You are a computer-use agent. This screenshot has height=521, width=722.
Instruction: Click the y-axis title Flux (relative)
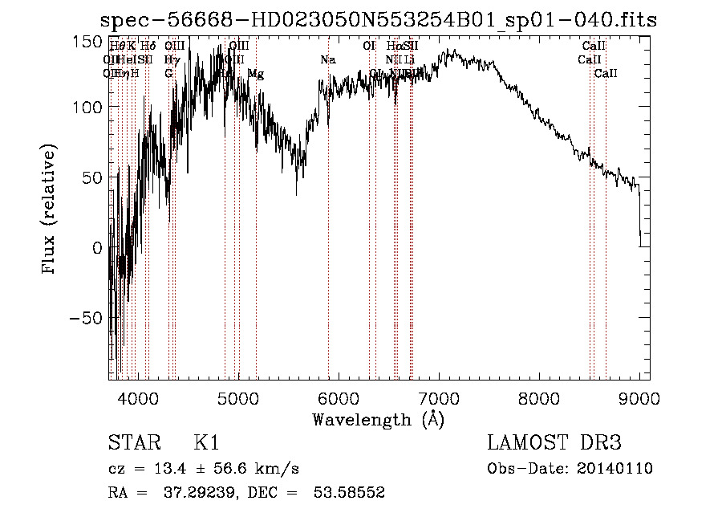(x=50, y=210)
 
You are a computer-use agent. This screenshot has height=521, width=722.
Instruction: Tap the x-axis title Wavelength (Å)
(x=378, y=420)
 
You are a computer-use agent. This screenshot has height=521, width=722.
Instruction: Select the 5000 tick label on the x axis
(x=238, y=398)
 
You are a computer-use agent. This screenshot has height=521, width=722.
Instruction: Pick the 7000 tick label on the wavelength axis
(x=439, y=398)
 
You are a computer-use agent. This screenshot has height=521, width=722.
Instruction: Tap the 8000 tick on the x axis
(x=539, y=398)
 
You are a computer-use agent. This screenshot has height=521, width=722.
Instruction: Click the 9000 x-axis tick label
(x=639, y=398)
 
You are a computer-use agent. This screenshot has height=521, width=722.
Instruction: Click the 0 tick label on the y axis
(x=97, y=248)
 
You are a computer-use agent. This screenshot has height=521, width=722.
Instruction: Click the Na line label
(x=327, y=60)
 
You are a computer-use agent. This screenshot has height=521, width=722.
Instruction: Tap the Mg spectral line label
(x=256, y=74)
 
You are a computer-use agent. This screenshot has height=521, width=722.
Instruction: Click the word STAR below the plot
(x=133, y=443)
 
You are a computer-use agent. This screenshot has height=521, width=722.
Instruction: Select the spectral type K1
(x=206, y=443)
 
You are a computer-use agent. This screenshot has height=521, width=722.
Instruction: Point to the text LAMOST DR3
(x=554, y=443)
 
